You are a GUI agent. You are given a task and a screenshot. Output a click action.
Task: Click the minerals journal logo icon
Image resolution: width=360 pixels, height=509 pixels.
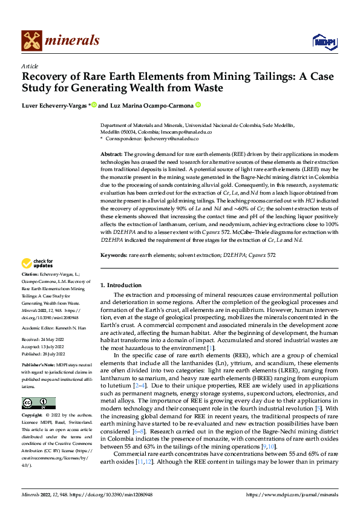point(31,41)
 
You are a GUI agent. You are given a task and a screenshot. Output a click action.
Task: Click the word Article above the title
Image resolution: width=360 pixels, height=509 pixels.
point(30,66)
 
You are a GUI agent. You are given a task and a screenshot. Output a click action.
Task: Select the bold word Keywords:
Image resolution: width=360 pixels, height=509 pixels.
point(113,256)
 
